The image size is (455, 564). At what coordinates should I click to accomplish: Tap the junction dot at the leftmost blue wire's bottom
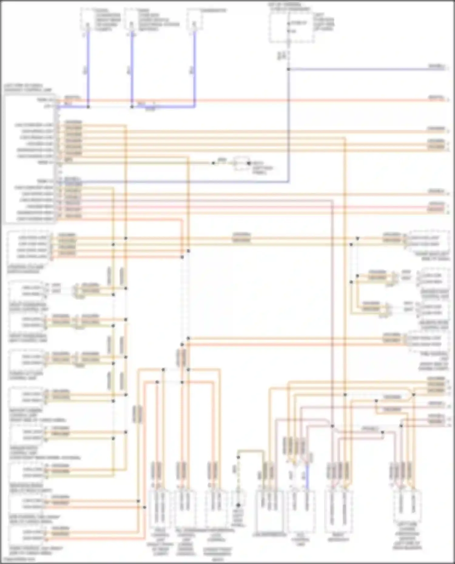click(88, 107)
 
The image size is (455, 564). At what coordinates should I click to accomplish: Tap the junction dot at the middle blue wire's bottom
click(132, 107)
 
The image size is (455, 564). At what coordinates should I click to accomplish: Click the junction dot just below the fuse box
click(288, 69)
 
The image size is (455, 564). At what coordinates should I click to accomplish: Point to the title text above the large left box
click(27, 88)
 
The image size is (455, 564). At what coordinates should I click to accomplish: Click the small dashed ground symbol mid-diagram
click(241, 163)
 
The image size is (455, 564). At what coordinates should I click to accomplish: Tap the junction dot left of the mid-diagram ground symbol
click(213, 163)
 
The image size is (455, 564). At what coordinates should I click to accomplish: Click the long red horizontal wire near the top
click(243, 100)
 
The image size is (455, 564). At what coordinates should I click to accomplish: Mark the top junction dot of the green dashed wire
click(238, 457)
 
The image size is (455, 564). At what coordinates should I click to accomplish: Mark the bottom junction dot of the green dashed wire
click(238, 505)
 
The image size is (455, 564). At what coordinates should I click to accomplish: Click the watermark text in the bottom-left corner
click(18, 559)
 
